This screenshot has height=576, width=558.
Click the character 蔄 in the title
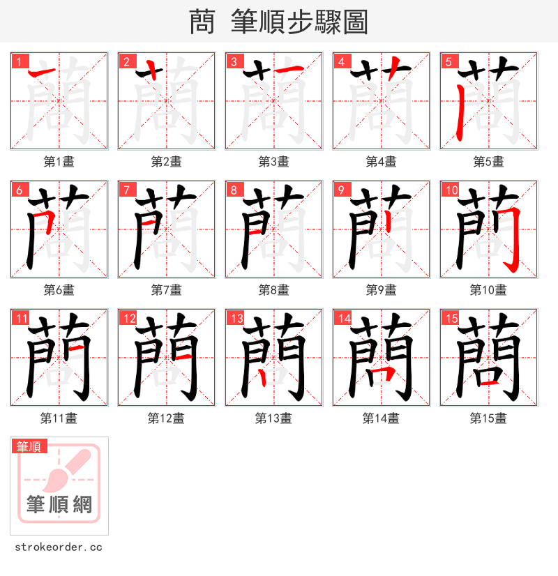coord(202,22)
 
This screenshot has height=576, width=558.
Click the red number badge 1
coord(18,61)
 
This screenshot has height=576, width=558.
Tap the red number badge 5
coord(448,61)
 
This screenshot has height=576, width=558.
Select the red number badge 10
coord(451,190)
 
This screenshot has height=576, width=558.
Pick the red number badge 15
coord(451,318)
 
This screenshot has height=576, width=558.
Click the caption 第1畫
coord(59,162)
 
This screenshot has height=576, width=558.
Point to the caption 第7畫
coord(166,290)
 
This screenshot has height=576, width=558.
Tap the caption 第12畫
coord(166,418)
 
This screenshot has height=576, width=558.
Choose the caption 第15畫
coord(488,418)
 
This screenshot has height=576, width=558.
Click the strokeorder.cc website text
coord(58,547)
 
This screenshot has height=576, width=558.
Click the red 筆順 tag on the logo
coord(29,446)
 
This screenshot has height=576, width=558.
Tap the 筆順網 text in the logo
coord(59,504)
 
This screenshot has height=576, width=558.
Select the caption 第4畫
coord(381,162)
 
